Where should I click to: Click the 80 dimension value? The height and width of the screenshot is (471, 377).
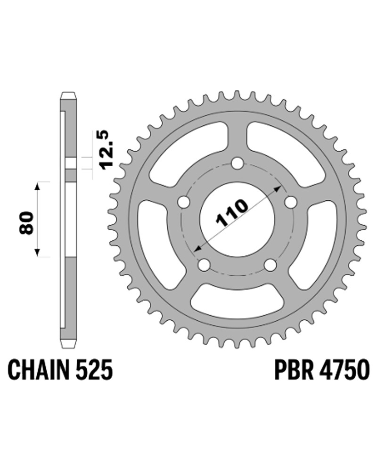[x=27, y=223]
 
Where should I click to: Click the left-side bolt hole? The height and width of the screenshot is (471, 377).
[x=183, y=202]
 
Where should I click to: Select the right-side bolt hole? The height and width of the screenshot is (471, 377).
[x=291, y=202]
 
